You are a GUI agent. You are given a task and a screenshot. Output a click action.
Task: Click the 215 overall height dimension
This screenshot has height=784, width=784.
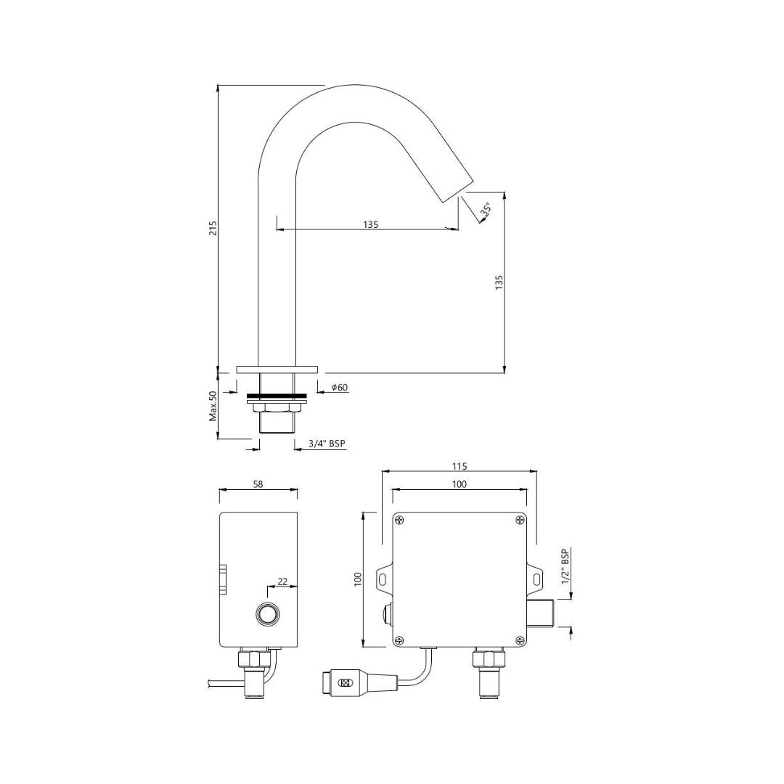coord(213,228)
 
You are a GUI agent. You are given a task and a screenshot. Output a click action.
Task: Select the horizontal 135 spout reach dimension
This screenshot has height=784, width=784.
coord(370,224)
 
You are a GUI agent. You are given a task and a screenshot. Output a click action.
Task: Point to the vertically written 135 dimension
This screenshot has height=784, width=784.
coord(499,282)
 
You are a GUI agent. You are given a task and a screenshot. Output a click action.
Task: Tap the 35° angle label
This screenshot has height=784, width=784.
coord(484,211)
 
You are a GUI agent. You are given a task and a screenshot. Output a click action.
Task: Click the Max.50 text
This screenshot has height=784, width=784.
coord(213,406)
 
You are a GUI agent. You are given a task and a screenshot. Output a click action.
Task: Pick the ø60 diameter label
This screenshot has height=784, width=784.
coord(340,388)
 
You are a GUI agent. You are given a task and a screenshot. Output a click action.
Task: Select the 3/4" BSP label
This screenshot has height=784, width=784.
coord(327,444)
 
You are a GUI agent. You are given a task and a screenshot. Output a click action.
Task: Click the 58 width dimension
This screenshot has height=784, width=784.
coord(258,484)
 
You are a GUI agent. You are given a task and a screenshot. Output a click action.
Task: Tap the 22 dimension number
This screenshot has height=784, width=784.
coord(282,581)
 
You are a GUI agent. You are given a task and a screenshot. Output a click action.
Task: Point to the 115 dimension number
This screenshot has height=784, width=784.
coord(459,466)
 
